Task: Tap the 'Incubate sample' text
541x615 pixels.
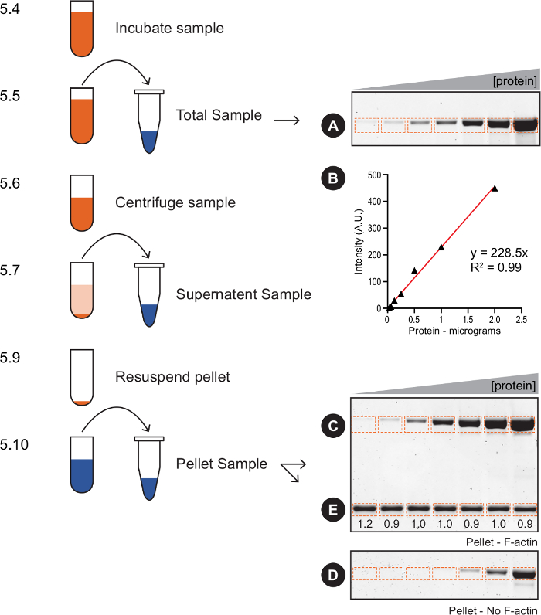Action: (169, 29)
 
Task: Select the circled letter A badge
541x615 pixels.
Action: (333, 124)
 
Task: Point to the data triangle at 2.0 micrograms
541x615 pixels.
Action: (495, 188)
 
